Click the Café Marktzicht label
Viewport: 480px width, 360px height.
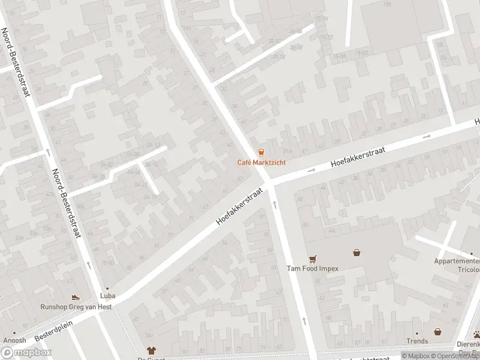tap(261, 163)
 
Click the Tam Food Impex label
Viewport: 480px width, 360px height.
tap(313, 268)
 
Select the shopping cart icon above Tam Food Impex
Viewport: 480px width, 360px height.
tap(313, 259)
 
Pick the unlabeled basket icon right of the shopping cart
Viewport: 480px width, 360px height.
tap(358, 253)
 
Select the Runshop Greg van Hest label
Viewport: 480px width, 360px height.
tap(76, 307)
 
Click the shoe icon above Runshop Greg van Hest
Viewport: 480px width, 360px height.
tap(76, 297)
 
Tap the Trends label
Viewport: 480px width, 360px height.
tap(417, 341)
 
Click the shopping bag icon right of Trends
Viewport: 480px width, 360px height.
tap(437, 331)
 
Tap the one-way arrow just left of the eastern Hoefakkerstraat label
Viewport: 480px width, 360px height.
tap(311, 171)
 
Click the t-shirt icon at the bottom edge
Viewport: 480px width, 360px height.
tap(151, 350)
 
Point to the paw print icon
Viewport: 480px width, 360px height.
tap(476, 334)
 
